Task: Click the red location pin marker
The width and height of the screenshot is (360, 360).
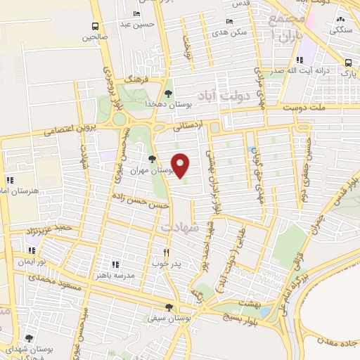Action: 181,165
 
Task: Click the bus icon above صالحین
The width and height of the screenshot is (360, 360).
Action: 94,27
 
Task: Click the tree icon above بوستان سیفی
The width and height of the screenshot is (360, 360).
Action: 168,307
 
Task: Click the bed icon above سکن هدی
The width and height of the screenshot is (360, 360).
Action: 230,22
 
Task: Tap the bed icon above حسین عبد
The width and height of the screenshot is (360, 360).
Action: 136,14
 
